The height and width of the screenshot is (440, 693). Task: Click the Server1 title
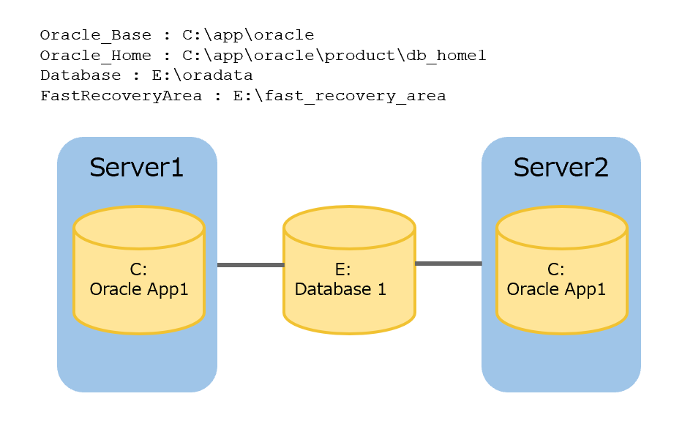click(x=136, y=168)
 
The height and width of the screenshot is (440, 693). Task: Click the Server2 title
click(x=561, y=168)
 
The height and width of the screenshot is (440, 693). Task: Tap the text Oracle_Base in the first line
click(x=96, y=35)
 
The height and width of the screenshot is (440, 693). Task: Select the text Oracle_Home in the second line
click(x=96, y=56)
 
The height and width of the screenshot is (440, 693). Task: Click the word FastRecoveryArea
click(x=121, y=96)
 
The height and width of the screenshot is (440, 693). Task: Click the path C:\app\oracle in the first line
click(x=248, y=35)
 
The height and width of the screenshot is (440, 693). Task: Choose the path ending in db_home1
click(x=334, y=56)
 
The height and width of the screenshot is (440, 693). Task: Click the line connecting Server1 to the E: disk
click(x=250, y=264)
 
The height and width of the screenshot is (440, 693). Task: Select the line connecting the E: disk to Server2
click(x=448, y=263)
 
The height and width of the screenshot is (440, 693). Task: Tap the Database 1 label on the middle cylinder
click(x=340, y=289)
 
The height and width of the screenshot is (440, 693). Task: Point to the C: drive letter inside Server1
click(x=138, y=270)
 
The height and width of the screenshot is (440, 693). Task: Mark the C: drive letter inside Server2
click(x=555, y=270)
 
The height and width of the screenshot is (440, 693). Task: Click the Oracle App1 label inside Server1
click(x=139, y=289)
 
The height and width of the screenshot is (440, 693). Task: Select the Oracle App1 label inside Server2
click(x=556, y=289)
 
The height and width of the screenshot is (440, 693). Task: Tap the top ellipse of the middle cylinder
click(x=349, y=226)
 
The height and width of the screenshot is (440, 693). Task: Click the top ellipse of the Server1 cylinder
click(x=139, y=226)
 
